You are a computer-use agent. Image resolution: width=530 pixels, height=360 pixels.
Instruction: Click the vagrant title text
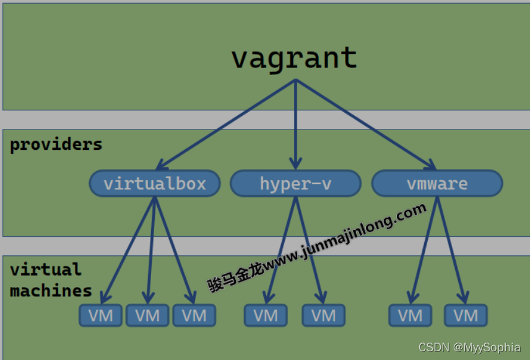coord(295,58)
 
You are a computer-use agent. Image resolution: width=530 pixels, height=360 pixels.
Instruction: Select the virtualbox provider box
coord(155,183)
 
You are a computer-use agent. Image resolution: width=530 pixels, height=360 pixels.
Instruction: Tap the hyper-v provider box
coord(295,183)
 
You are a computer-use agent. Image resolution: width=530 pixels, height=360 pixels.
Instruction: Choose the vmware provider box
coord(437,183)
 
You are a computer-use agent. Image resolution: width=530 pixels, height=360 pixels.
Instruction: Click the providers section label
coord(56,144)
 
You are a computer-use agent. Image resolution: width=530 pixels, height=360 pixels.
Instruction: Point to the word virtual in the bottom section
coord(45,270)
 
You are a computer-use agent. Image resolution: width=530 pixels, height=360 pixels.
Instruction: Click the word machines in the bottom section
coord(51,290)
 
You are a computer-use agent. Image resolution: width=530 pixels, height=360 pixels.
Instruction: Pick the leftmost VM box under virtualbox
coord(100,315)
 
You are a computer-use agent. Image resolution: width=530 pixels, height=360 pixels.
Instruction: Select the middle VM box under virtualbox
coord(147,315)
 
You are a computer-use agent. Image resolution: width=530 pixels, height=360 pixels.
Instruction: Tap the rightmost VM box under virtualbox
coord(194,315)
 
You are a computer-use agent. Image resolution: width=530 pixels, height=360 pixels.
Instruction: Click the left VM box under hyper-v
coord(266,315)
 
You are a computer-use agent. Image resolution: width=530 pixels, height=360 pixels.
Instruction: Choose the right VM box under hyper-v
coord(323,315)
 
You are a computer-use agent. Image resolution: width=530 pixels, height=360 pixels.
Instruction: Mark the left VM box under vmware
coord(410,315)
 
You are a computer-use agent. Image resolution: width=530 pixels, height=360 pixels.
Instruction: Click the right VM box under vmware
coord(466,315)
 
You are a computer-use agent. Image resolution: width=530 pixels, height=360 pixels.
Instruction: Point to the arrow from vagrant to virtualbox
coord(226,124)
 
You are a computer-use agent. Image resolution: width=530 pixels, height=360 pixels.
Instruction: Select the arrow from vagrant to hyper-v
coord(295,124)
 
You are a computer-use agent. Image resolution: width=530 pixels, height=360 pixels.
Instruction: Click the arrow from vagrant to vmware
coord(365,124)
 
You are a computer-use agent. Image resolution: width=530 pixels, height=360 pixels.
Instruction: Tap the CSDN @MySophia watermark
coord(469,348)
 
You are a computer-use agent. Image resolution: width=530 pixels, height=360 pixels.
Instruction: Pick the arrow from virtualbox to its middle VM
coord(150,248)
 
